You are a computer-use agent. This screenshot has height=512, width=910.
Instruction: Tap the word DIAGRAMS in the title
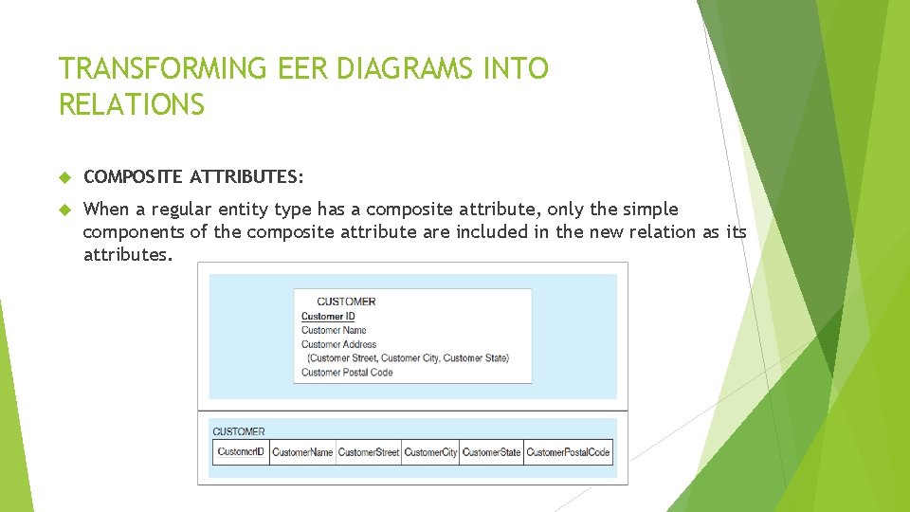coord(402,69)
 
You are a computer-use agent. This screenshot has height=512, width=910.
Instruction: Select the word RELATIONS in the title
coord(132,104)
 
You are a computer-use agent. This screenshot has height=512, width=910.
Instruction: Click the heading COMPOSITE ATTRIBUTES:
coord(194,176)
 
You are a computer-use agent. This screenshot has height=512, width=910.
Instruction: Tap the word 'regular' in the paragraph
coord(180,209)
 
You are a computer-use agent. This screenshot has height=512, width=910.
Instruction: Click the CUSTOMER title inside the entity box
coord(346,302)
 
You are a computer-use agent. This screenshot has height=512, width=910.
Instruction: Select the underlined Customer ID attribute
coord(328,317)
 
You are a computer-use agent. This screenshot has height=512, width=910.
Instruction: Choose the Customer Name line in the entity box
coord(334,330)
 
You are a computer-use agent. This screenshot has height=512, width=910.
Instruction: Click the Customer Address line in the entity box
coord(338,344)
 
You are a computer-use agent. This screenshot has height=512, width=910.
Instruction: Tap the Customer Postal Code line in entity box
coord(347,372)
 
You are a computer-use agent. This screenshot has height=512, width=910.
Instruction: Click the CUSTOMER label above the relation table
coord(239,431)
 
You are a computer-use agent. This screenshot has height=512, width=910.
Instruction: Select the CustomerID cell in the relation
coord(241,451)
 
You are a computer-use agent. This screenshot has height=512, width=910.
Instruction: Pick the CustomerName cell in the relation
coord(302,452)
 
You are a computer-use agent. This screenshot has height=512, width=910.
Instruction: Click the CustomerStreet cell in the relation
coord(369,452)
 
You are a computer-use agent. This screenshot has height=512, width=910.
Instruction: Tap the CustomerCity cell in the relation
coord(430,452)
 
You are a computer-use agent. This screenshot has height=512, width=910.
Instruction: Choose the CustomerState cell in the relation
coord(491,452)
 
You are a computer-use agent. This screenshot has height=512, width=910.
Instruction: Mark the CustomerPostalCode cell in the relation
coord(568,452)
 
